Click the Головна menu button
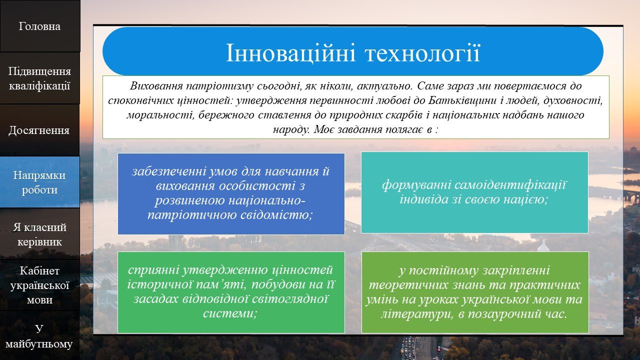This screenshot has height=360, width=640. click(39, 26)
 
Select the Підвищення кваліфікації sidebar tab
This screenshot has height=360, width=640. click(39, 78)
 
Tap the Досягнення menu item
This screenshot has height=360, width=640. click(39, 130)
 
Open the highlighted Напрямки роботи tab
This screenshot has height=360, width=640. click(39, 182)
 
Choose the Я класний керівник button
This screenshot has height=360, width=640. click(39, 234)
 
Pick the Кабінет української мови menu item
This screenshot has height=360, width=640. click(39, 285)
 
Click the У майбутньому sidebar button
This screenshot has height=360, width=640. click(39, 335)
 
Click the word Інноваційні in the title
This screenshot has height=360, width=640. click(290, 53)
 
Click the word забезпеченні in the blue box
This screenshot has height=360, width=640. click(168, 171)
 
